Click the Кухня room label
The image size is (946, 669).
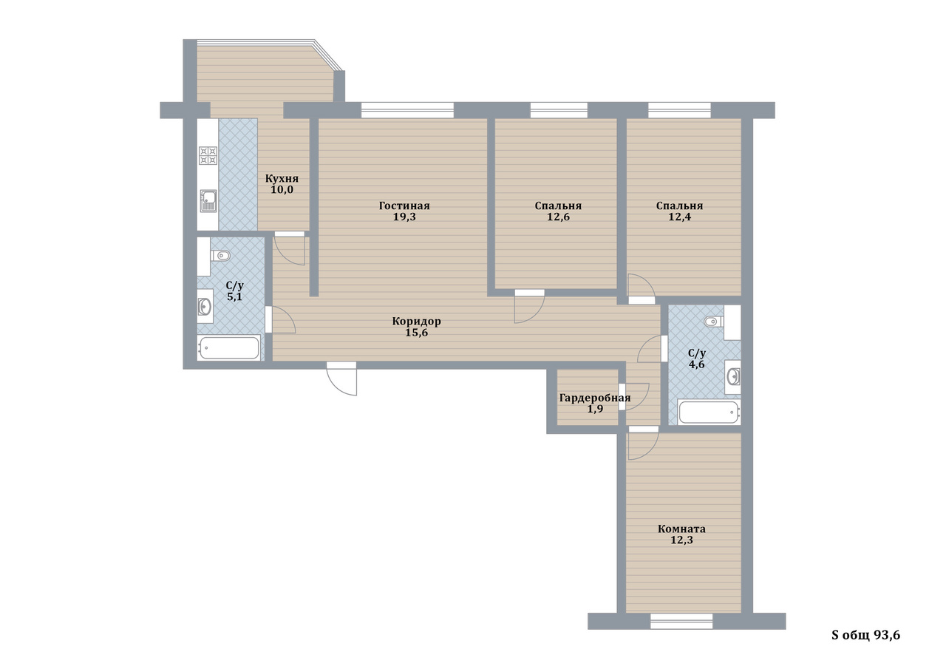coord(282,179)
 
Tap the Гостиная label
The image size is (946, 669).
coord(404,206)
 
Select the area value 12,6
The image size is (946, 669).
coord(558,217)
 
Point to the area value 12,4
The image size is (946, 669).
coord(679,217)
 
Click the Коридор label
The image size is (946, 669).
coord(416,322)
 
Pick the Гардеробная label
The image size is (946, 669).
coord(595,398)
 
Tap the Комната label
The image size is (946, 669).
coord(681,529)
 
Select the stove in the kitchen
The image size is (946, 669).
coord(208,155)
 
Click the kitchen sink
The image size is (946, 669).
coord(208,200)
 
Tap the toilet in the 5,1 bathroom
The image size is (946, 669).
coord(220,256)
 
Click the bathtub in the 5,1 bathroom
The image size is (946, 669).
coord(229,347)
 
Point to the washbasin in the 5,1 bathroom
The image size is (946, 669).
coord(205,306)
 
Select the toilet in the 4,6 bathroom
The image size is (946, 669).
coord(714,322)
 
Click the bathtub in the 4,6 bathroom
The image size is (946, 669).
coord(709,412)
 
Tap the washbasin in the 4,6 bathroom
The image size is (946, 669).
coord(733,376)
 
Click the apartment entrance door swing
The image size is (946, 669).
coord(341,378)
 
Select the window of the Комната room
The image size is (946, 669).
coord(681,621)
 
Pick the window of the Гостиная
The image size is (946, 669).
coord(407,110)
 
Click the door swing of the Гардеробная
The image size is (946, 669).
coord(634,396)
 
